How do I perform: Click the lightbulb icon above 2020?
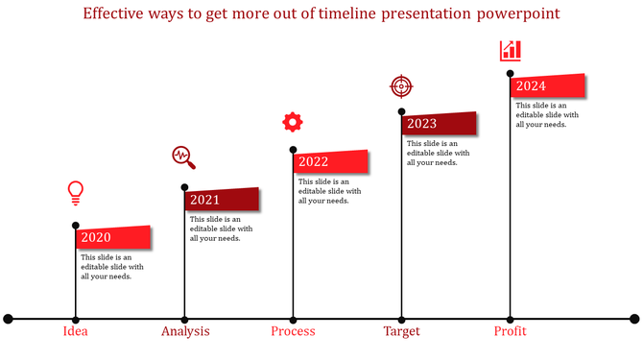pos(76,193)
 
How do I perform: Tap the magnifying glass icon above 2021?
pos(183,157)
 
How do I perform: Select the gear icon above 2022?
pos(293,122)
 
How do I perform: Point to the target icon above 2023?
pos(401,86)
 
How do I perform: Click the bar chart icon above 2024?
pos(511,51)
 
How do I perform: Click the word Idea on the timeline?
pos(76,331)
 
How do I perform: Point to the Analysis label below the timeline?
pos(185,331)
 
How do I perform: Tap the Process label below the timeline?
pos(293,331)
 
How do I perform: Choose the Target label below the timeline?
pos(401,331)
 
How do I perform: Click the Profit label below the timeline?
pos(511,331)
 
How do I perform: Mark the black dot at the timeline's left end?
pos(9,319)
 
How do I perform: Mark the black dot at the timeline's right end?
pos(634,319)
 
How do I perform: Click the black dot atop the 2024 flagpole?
pos(511,73)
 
